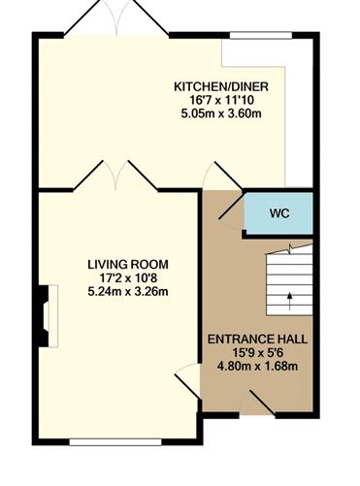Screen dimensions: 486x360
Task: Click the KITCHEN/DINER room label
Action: point(220,86)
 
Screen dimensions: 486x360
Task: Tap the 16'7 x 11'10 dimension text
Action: point(220,100)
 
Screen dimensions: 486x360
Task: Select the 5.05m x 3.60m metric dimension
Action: point(220,113)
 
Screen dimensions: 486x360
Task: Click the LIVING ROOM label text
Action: point(128,263)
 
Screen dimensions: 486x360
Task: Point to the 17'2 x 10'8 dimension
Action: point(128,276)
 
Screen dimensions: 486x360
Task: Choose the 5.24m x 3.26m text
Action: point(128,290)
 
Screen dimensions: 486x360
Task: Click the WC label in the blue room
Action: point(278,212)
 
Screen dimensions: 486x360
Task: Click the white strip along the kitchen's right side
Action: point(300,112)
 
